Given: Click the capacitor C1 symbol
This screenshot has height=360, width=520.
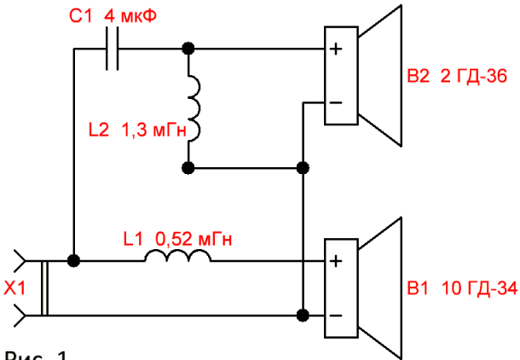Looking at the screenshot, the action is [x=112, y=49].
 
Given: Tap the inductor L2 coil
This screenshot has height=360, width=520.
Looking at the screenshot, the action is [x=194, y=107].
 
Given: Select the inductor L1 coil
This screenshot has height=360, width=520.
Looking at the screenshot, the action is [x=177, y=255].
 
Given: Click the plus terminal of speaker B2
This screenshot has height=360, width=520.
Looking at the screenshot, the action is [x=336, y=49].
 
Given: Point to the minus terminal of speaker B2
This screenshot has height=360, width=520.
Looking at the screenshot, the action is [x=336, y=103].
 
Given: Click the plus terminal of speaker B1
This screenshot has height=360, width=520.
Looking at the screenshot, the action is [x=336, y=261].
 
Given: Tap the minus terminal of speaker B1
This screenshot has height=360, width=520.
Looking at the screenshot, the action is [x=336, y=315].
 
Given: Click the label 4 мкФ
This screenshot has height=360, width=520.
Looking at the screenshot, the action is [x=130, y=16].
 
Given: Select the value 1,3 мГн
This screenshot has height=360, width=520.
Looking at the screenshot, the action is [x=153, y=130].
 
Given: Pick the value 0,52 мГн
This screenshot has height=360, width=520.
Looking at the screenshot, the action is [x=194, y=239].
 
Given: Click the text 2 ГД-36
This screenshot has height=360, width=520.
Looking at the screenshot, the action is [x=474, y=76].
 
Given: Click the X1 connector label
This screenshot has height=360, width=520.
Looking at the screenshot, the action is [x=14, y=288].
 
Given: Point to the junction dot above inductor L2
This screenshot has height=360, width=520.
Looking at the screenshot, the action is [x=188, y=49].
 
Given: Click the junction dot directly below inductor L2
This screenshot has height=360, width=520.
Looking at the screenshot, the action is [x=188, y=168].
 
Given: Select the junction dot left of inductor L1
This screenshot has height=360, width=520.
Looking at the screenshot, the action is [x=73, y=261].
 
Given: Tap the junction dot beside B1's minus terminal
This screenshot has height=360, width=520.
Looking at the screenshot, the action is [x=303, y=315].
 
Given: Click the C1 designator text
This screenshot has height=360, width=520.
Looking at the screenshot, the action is [x=80, y=16].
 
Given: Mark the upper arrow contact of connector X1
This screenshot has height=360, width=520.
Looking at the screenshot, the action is [x=20, y=261].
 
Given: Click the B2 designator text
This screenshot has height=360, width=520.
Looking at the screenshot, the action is [x=418, y=76].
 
